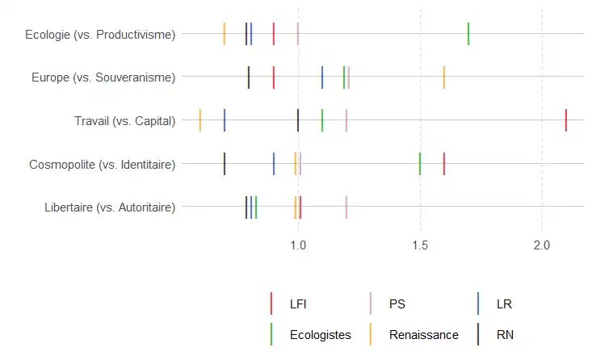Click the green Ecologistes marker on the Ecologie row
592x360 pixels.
click(x=468, y=34)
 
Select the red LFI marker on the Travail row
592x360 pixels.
click(x=566, y=120)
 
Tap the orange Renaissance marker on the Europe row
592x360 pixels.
click(x=444, y=77)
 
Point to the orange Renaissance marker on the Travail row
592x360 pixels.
click(x=200, y=120)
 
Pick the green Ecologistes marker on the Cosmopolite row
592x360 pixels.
click(x=420, y=164)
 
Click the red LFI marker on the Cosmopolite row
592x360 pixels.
click(x=444, y=164)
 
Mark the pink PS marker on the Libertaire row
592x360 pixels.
click(x=346, y=207)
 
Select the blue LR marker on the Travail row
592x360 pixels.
click(x=225, y=120)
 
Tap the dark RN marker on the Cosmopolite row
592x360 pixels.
click(x=225, y=164)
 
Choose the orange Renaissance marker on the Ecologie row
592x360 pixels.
click(x=225, y=34)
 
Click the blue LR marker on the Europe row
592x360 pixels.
click(x=322, y=77)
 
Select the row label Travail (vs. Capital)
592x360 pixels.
click(x=124, y=121)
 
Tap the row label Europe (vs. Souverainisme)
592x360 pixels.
click(x=103, y=77)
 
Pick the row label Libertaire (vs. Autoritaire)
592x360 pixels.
click(x=111, y=207)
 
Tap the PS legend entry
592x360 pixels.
click(x=397, y=304)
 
